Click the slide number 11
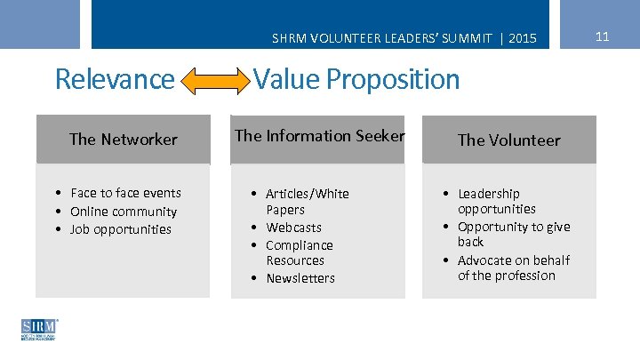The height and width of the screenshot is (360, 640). coord(602,36)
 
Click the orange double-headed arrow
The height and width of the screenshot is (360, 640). coord(217,83)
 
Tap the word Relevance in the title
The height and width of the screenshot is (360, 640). coord(115,80)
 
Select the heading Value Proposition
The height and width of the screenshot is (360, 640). coord(356,80)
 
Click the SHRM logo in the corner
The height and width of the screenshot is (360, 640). coord(39,329)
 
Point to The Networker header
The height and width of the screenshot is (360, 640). coord(123,139)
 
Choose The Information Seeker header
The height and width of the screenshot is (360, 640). coord(319,136)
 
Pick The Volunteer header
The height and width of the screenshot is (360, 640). coord(508,140)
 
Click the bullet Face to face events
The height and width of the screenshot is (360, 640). coord(125,193)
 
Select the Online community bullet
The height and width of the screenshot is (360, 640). coord(124,212)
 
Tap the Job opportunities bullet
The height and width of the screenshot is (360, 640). coord(121,229)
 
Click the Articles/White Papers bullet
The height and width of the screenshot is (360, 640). coord(307,202)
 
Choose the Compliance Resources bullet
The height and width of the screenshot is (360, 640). coord(300,252)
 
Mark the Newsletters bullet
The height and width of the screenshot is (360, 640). coord(300,278)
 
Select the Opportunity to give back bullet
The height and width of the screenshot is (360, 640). coord(513,234)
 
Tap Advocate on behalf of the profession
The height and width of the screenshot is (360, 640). coord(513,268)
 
